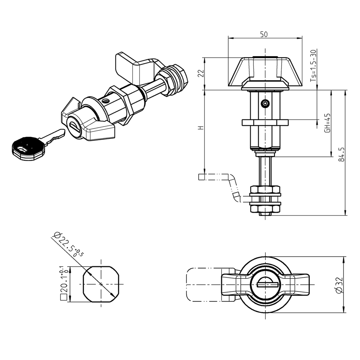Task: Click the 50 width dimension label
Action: pos(264,34)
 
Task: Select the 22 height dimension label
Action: pos(201,73)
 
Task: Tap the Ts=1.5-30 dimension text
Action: pos(313,65)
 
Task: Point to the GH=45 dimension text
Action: pos(327,122)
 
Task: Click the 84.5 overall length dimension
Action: pos(341,154)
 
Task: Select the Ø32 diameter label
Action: pos(339,285)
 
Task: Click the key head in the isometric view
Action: pos(28,149)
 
